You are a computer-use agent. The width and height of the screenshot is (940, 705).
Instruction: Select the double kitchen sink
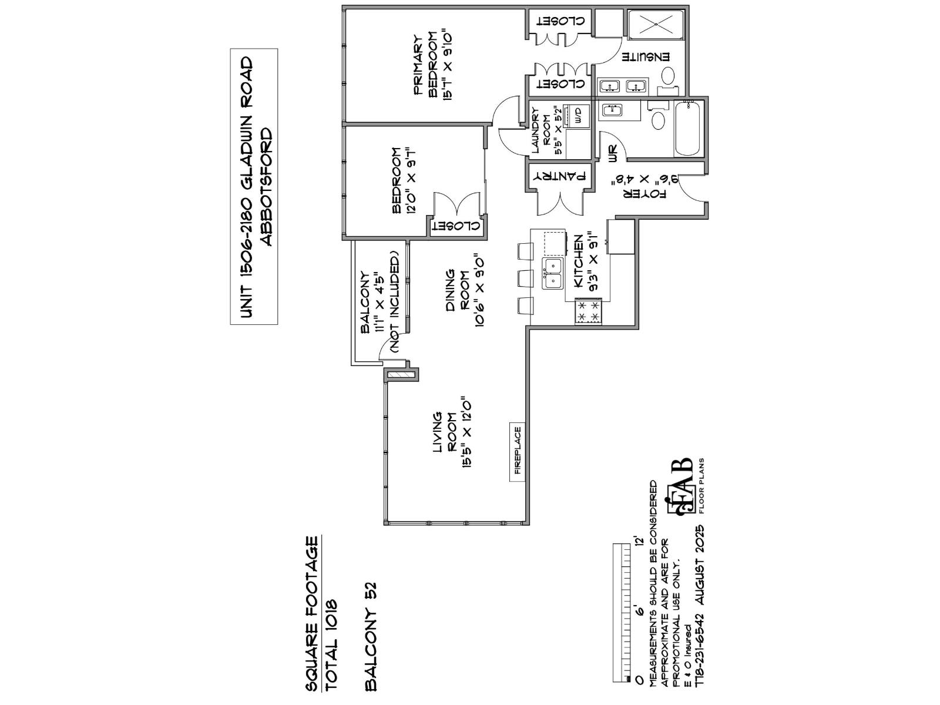pos(552,274)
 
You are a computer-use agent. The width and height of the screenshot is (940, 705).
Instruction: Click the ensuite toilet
pos(669,75)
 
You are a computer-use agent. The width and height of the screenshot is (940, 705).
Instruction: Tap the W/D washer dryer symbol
pos(577,115)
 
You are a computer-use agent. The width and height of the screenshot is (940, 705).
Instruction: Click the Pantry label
pos(559,176)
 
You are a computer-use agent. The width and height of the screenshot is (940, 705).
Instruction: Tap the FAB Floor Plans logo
pos(684,488)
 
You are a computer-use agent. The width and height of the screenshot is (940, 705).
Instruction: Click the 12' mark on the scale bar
pos(640,549)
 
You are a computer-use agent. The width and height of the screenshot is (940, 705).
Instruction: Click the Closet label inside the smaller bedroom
pos(456,226)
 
